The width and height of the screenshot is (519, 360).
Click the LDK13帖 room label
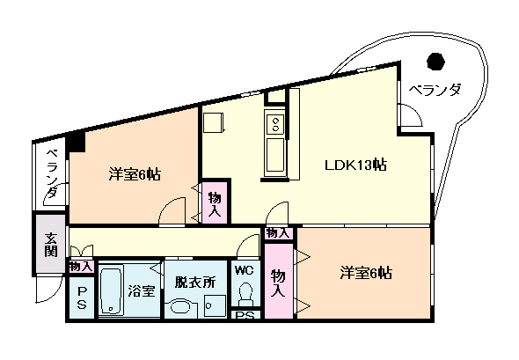pyautogui.click(x=355, y=165)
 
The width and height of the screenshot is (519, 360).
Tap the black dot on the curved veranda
pyautogui.click(x=435, y=62)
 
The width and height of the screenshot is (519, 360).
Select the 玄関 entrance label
pyautogui.click(x=51, y=245)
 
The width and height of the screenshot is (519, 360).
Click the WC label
pyautogui.click(x=244, y=270)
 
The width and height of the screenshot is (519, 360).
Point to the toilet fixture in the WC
pyautogui.click(x=245, y=294)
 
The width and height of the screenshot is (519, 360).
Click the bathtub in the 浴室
pyautogui.click(x=111, y=290)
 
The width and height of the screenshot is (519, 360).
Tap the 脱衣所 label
pyautogui.click(x=195, y=283)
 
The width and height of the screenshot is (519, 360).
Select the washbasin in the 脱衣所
pyautogui.click(x=181, y=307)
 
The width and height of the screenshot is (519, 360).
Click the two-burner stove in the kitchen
pyautogui.click(x=275, y=124)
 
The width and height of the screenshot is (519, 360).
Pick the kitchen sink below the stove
pyautogui.click(x=275, y=155)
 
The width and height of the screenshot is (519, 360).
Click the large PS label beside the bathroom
pyautogui.click(x=82, y=298)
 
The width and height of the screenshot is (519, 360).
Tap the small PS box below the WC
pyautogui.click(x=245, y=315)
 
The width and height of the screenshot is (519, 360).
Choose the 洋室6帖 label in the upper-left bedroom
pyautogui.click(x=135, y=174)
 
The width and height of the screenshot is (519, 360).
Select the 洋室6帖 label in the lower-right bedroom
pyautogui.click(x=366, y=273)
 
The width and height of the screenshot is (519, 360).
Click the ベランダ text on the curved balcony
pyautogui.click(x=435, y=90)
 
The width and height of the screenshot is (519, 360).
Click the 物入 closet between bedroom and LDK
pyautogui.click(x=215, y=202)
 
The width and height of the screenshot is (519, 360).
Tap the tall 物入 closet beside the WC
pyautogui.click(x=279, y=281)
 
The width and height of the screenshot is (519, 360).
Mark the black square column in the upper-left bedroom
pyautogui.click(x=76, y=142)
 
